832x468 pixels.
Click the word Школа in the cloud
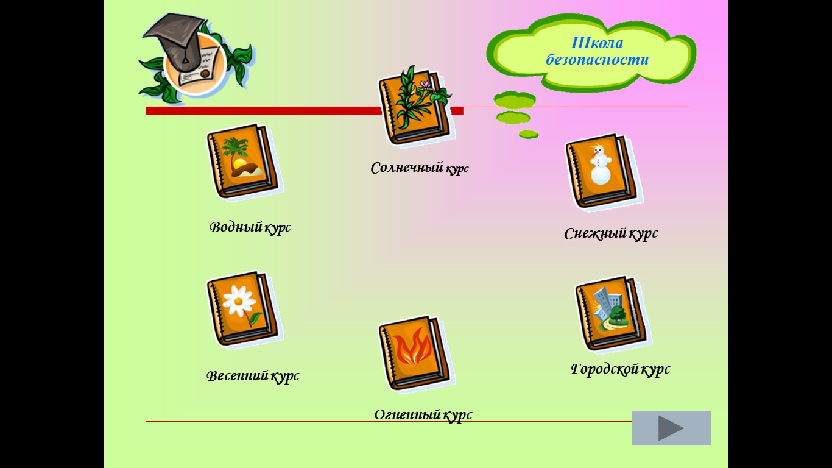tap(597, 43)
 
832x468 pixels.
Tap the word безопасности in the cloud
tap(598, 60)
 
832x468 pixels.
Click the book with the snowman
tap(603, 172)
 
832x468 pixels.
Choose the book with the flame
tap(415, 353)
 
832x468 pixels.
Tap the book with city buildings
tap(612, 314)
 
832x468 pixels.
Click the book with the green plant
tap(415, 106)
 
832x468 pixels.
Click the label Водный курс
tap(250, 227)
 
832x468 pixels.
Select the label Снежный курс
tap(611, 234)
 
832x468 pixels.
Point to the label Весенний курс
tap(253, 376)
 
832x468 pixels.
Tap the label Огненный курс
tap(423, 415)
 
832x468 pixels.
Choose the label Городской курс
tap(620, 369)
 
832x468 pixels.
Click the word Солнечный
tap(407, 168)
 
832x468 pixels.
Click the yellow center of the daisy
tap(239, 301)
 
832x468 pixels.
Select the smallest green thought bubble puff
tap(528, 134)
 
